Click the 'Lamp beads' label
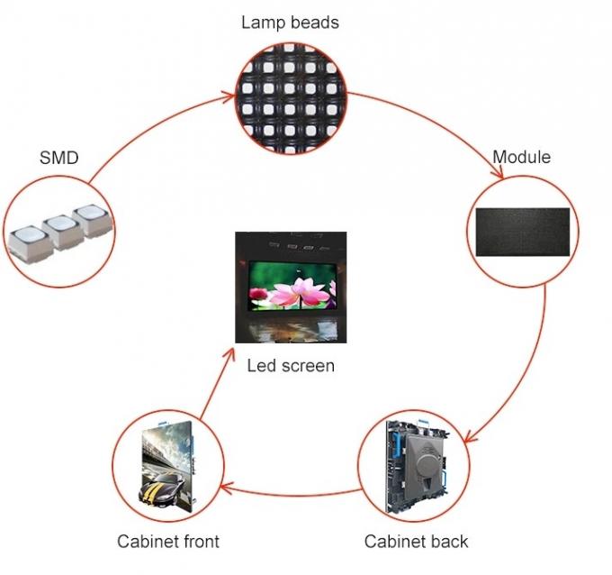289,22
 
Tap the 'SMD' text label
58,158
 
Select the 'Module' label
521,157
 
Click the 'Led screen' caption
290,366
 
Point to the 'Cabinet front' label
168,541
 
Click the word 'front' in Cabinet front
200,541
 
